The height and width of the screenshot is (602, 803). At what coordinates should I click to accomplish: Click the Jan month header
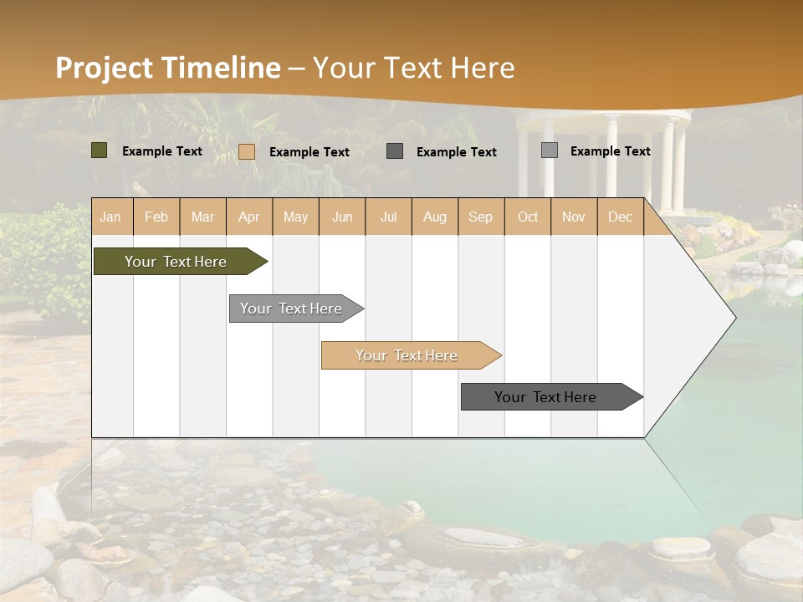pyautogui.click(x=111, y=217)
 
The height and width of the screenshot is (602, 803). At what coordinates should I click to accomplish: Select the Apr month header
pyautogui.click(x=249, y=217)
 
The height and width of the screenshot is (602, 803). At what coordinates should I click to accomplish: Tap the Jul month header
pyautogui.click(x=388, y=217)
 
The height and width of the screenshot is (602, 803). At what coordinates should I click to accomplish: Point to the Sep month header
pyautogui.click(x=480, y=217)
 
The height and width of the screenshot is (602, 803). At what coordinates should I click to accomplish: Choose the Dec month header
pyautogui.click(x=620, y=217)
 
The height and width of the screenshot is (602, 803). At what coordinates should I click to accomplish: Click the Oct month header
pyautogui.click(x=527, y=217)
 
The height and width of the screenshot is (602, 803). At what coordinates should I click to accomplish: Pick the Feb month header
pyautogui.click(x=156, y=217)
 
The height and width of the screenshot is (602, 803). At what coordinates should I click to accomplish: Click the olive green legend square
pyautogui.click(x=99, y=150)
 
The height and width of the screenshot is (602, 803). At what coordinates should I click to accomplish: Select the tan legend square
pyautogui.click(x=246, y=151)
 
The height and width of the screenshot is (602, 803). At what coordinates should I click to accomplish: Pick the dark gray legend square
pyautogui.click(x=395, y=151)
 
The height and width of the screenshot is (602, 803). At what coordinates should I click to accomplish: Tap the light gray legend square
pyautogui.click(x=549, y=150)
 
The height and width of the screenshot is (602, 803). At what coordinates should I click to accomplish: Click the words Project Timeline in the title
pyautogui.click(x=167, y=68)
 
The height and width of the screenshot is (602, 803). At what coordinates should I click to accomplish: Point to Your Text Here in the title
pyautogui.click(x=413, y=68)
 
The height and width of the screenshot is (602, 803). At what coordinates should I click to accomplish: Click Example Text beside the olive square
pyautogui.click(x=162, y=151)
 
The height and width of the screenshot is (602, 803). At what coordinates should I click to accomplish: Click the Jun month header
pyautogui.click(x=342, y=217)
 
